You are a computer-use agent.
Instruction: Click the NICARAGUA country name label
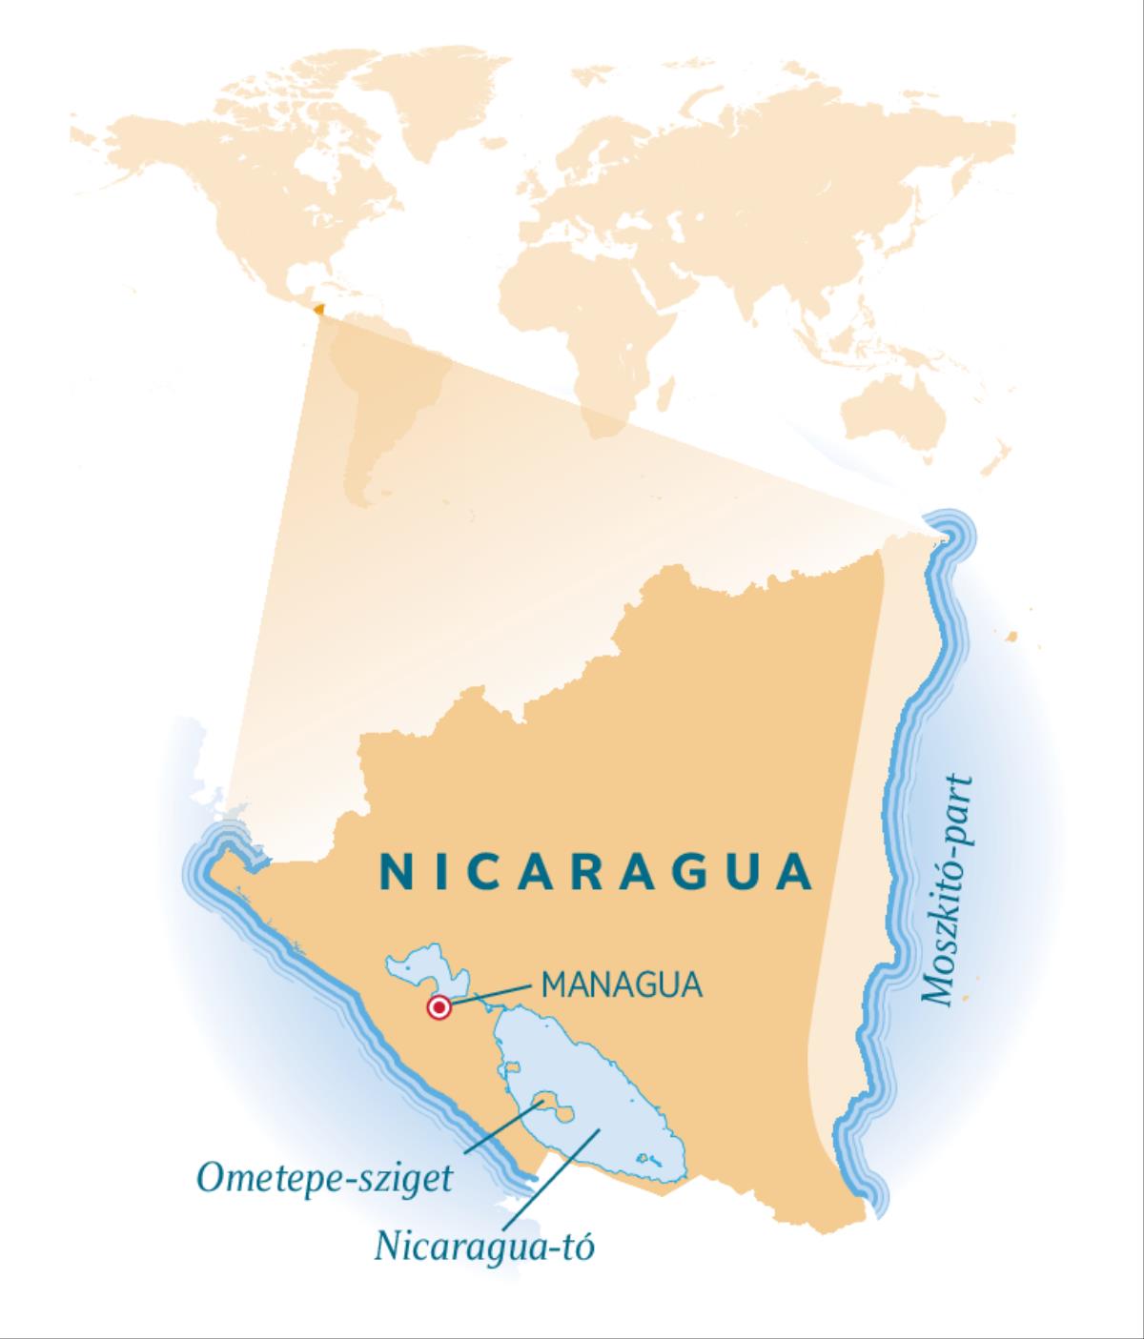[x=597, y=871]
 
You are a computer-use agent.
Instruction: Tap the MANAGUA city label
[x=622, y=984]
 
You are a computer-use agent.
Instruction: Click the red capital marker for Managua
[x=439, y=1007]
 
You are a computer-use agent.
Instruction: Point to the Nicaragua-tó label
[x=484, y=1245]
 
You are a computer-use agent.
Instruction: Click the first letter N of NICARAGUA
[x=393, y=871]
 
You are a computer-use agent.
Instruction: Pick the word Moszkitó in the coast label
[x=949, y=924]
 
